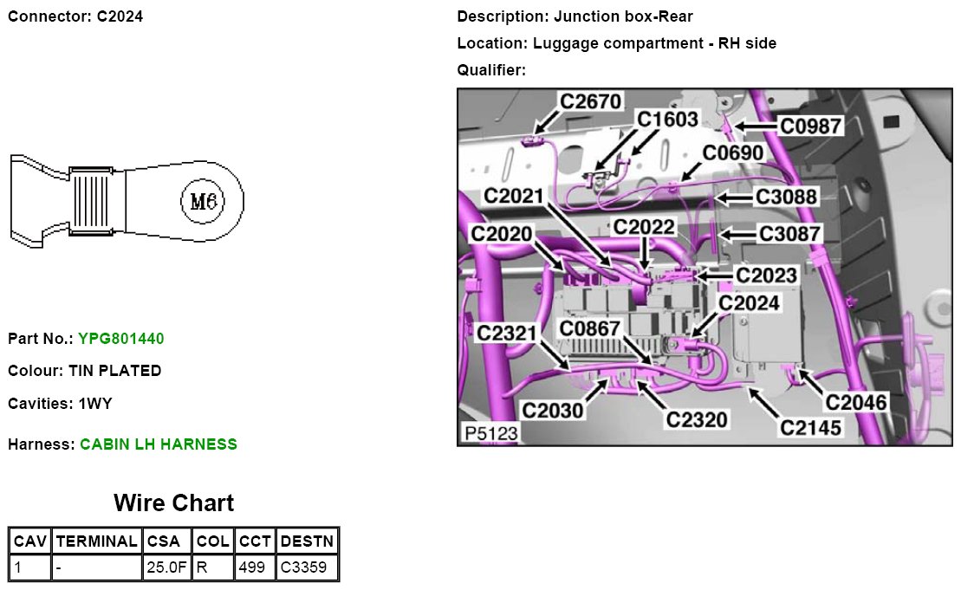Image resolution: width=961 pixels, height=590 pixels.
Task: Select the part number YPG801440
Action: coord(120,338)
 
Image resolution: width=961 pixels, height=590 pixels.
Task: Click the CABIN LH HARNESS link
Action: coord(158,444)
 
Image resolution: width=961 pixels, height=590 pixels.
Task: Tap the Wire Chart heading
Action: coord(173,503)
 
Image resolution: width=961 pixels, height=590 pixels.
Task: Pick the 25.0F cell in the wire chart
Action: coord(165,568)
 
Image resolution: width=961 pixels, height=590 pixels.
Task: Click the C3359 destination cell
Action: coord(307,568)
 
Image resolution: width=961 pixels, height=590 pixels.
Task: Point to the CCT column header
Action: coord(255,541)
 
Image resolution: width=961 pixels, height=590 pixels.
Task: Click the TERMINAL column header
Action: coord(95,541)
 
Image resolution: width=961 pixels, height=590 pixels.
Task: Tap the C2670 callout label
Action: coord(590,102)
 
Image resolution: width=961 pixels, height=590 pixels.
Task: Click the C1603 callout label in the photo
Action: coord(667,119)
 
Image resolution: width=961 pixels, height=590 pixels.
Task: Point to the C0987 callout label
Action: coord(810,126)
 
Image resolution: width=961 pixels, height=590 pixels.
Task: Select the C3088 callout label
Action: coord(786,198)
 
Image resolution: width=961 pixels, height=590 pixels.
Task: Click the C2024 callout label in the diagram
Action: coord(750,303)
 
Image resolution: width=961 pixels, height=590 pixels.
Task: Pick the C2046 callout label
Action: coord(855,402)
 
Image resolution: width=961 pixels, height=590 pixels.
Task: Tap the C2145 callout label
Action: coord(810,426)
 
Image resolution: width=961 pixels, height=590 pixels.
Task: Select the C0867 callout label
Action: coord(589,329)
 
